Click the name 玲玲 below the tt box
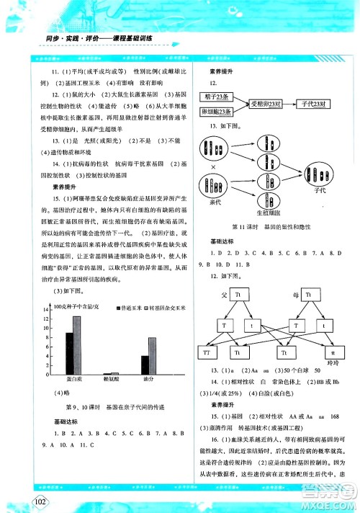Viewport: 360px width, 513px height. (332, 364)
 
